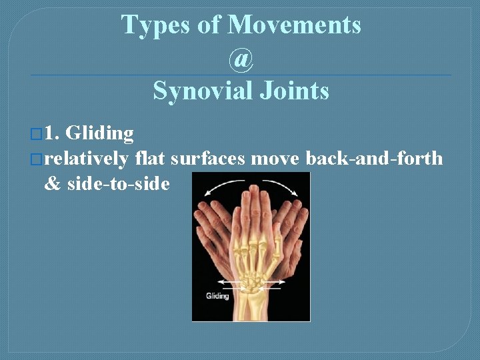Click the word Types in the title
[x=148, y=25]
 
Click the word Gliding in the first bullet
[x=100, y=133]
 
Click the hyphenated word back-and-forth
[x=374, y=159]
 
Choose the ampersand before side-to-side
[x=52, y=183]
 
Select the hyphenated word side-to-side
[x=119, y=183]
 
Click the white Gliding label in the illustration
[x=217, y=295]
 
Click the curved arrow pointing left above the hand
[x=221, y=189]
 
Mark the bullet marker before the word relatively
[x=38, y=159]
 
